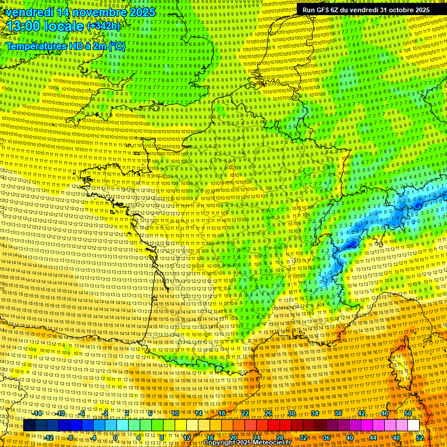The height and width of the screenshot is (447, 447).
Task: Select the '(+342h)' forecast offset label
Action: point(103,26)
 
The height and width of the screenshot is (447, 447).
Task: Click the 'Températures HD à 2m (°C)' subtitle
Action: point(65,45)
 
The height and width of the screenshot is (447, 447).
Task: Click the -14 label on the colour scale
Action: point(38,413)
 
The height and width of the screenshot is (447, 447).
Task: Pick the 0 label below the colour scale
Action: point(116,437)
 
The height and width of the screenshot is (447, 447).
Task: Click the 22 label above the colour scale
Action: point(245,413)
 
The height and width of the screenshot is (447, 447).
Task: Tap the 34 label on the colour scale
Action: point(315,413)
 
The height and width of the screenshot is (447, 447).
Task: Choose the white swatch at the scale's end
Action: point(413,425)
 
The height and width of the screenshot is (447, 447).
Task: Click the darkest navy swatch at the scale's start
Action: point(29,425)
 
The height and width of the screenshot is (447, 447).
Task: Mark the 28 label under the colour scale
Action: point(280,437)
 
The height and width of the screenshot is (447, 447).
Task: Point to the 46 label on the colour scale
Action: point(385,413)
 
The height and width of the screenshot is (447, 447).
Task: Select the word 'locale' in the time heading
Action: point(63,26)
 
